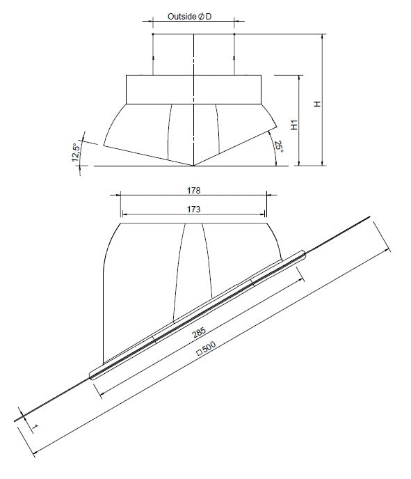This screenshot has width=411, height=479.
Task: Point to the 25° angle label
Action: pyautogui.click(x=277, y=147)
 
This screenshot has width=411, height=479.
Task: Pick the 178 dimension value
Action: pyautogui.click(x=193, y=189)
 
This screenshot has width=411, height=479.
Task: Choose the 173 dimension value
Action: pyautogui.click(x=193, y=209)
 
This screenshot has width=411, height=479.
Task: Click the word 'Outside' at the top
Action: pyautogui.click(x=182, y=16)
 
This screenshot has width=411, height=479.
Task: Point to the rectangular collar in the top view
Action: pyautogui.click(x=193, y=89)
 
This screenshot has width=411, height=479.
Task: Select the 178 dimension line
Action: pyautogui.click(x=193, y=196)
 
